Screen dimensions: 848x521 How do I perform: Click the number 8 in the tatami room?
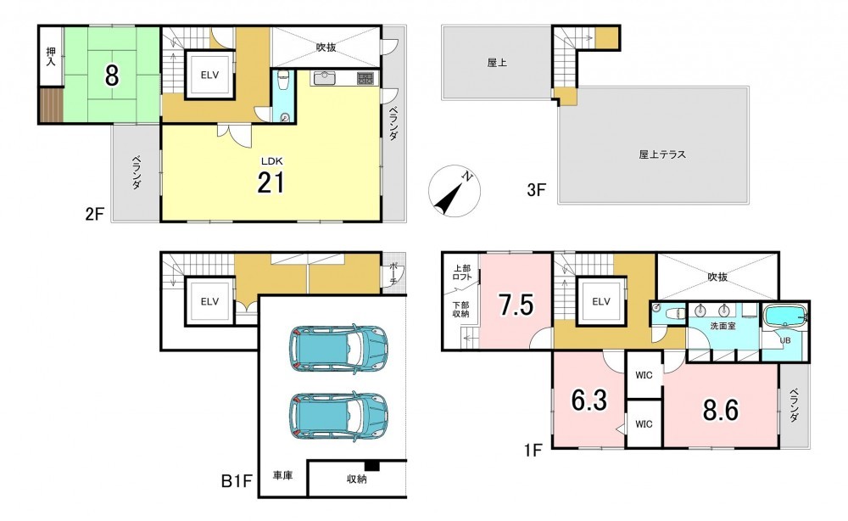(111, 76)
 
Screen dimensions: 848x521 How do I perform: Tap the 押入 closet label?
(51, 57)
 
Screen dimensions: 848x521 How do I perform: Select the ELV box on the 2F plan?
(209, 76)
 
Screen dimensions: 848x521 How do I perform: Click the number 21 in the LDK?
(271, 183)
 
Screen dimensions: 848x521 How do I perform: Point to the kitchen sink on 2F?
(323, 78)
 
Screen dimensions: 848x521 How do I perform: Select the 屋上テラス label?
(662, 154)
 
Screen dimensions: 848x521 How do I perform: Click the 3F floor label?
(537, 190)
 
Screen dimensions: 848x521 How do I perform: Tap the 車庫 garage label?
(282, 476)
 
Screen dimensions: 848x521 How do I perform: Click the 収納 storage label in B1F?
(356, 479)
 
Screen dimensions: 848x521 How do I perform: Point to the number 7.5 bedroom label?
(516, 305)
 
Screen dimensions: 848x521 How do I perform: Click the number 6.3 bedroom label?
(589, 401)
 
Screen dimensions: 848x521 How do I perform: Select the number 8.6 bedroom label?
(720, 411)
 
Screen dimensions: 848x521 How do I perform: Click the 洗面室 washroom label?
(723, 326)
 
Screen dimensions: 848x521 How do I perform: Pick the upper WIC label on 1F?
(644, 375)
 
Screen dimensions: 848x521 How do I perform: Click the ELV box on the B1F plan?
(209, 301)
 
